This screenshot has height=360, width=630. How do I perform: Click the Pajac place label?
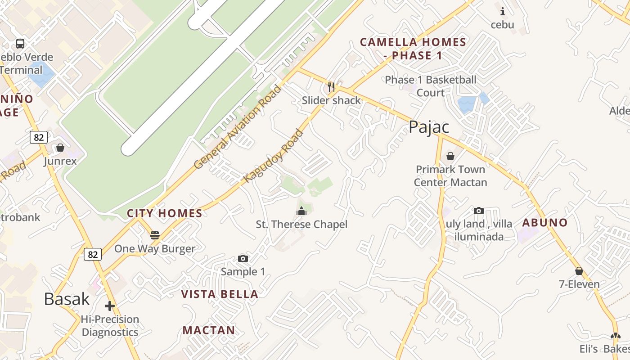click(x=429, y=127)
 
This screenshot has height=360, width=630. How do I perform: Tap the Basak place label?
click(x=67, y=299)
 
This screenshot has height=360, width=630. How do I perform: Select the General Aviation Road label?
click(x=238, y=127)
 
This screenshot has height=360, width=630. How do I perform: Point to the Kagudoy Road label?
click(x=274, y=156)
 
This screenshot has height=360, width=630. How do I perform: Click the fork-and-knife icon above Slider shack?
click(x=331, y=87)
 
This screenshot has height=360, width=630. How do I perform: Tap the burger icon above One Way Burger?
click(x=155, y=235)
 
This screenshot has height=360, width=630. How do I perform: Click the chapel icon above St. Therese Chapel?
click(x=301, y=211)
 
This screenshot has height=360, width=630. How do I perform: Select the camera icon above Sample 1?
click(x=243, y=258)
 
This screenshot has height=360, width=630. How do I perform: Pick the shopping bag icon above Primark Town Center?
click(x=450, y=156)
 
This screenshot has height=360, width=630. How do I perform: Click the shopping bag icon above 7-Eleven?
click(x=579, y=271)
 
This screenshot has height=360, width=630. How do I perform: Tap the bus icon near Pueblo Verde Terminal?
click(x=20, y=44)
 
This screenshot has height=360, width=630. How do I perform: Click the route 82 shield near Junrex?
click(x=39, y=137)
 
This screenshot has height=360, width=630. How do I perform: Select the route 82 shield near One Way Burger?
click(x=93, y=254)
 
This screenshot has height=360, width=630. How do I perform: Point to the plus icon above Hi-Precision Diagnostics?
click(x=110, y=306)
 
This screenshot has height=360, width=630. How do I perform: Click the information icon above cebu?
click(x=502, y=11)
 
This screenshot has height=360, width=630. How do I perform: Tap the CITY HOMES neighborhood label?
click(x=165, y=213)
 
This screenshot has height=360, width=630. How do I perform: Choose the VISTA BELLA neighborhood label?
click(x=220, y=294)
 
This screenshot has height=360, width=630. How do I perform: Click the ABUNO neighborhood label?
click(x=544, y=222)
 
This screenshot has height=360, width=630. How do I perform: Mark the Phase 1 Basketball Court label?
click(x=431, y=86)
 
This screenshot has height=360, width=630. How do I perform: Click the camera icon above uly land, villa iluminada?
click(x=479, y=211)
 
